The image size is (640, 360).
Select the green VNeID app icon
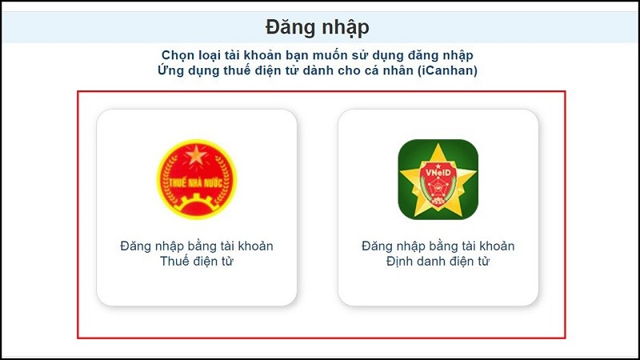click(x=438, y=179)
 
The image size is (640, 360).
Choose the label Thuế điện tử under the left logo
click(x=197, y=261)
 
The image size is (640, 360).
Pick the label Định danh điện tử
click(x=438, y=261)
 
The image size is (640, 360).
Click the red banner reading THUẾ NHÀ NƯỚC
click(x=196, y=181)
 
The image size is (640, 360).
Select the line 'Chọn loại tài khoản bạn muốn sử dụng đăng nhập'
click(x=318, y=55)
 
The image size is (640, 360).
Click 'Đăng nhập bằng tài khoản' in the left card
click(x=197, y=246)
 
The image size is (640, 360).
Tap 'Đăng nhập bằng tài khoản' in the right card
click(x=438, y=246)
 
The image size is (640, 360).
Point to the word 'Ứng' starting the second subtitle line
click(x=172, y=70)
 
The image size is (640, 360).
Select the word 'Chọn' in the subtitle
click(x=178, y=55)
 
